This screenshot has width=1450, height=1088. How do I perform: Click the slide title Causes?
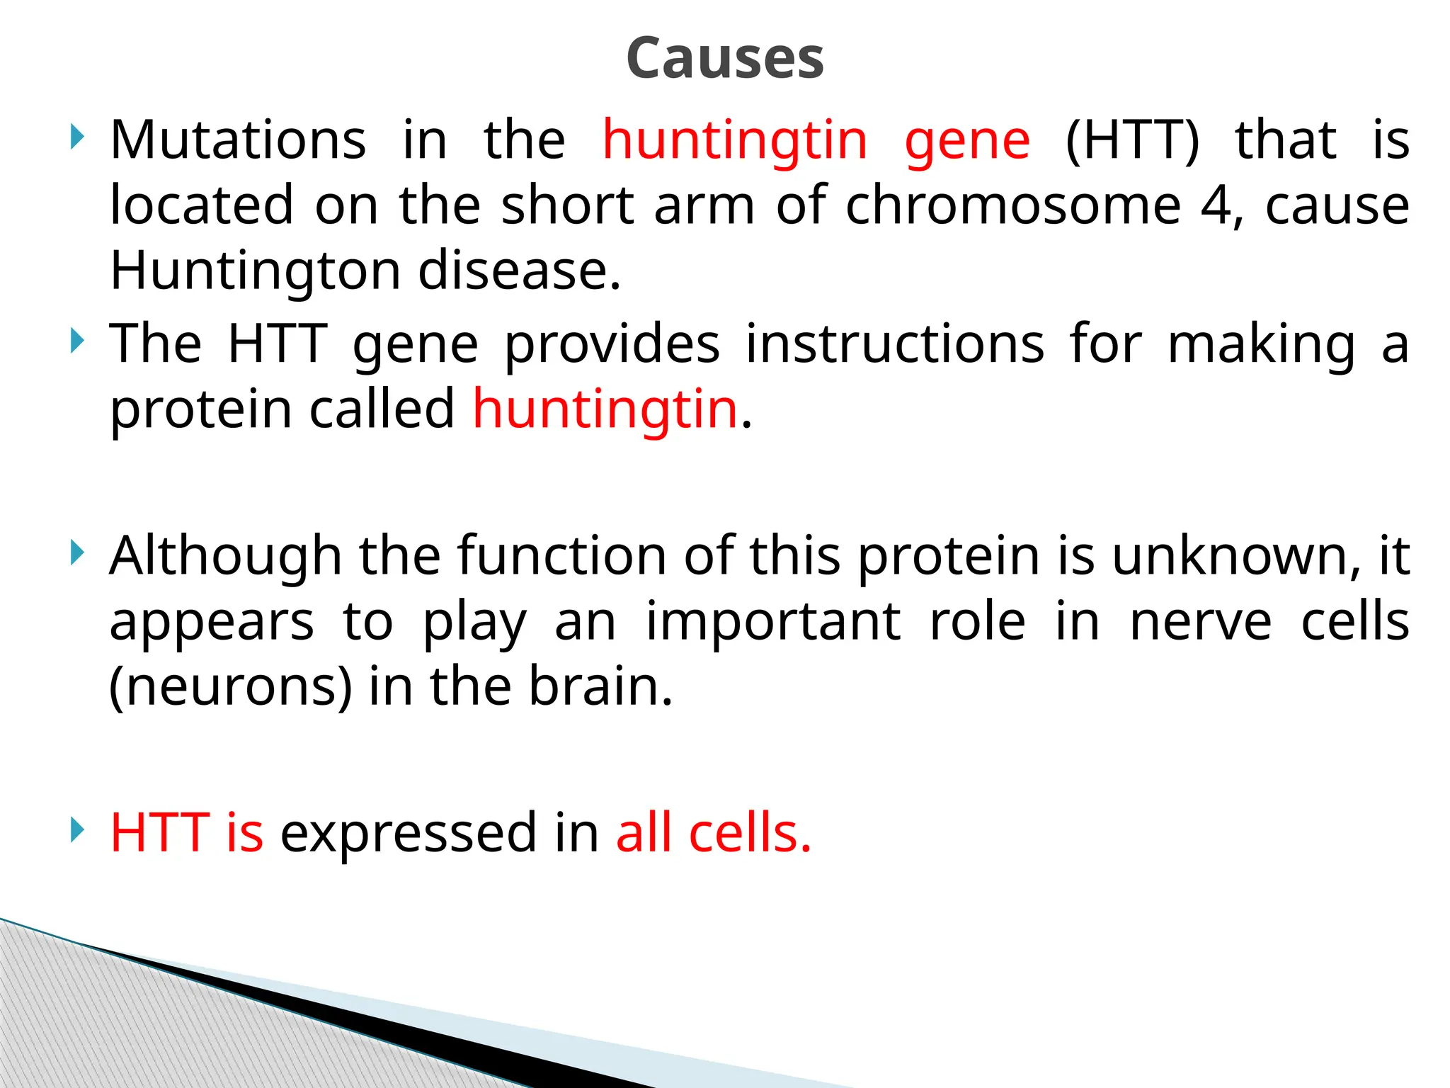[725, 58]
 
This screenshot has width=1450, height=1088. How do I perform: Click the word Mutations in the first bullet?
[238, 140]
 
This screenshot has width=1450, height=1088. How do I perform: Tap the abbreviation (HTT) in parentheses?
[1132, 140]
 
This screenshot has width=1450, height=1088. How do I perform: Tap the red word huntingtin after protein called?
[605, 409]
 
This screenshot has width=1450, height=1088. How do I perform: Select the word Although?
[225, 555]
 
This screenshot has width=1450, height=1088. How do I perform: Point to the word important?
[772, 622]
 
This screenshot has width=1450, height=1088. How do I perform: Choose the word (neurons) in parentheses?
[230, 687]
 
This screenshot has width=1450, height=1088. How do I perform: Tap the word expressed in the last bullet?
[409, 833]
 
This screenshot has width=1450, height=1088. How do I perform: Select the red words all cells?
[713, 833]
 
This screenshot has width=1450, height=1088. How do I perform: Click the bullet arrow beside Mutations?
[77, 137]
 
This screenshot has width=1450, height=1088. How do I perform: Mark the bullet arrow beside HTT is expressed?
[77, 829]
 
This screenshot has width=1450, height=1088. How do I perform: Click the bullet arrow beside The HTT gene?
[77, 341]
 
